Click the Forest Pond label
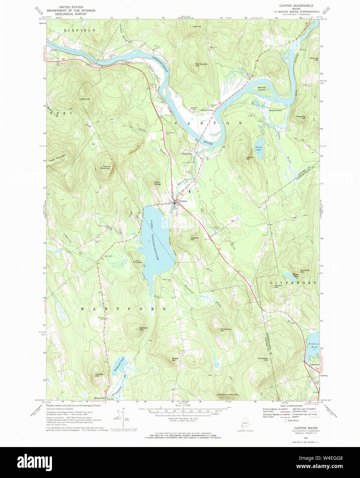pyautogui.click(x=258, y=149)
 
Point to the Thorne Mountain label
pyautogui.click(x=105, y=167)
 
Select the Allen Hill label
pyautogui.click(x=85, y=99)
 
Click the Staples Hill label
pyautogui.click(x=195, y=238)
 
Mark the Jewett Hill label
pyautogui.click(x=250, y=158)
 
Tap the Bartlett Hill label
pyautogui.click(x=144, y=329)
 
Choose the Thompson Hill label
pyautogui.click(x=225, y=329)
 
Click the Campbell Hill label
pyautogui.click(x=263, y=360)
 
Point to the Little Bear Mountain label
pyautogui.click(x=227, y=394)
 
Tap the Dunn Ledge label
pyautogui.click(x=158, y=183)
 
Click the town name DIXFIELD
pyautogui.click(x=79, y=31)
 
